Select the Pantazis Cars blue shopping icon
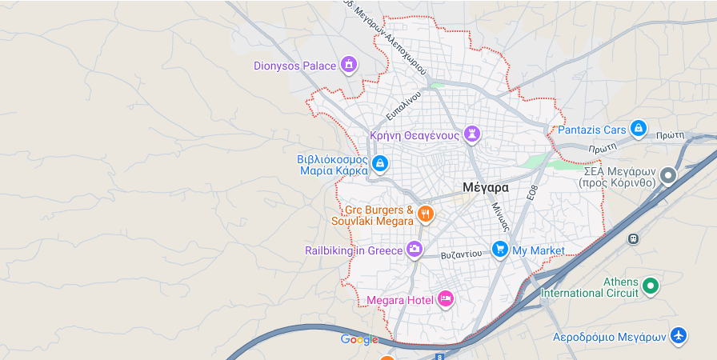638,128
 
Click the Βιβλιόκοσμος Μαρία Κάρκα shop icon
380,164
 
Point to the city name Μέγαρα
485,187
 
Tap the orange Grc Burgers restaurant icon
426,214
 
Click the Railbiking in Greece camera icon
415,250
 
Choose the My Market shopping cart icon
500,250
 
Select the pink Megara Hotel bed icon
446,299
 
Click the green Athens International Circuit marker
651,285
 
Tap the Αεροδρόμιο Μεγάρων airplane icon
679,335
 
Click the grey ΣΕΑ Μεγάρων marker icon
668,175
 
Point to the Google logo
359,339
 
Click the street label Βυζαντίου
462,254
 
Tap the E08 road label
531,193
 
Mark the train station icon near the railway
634,238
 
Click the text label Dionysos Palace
294,66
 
